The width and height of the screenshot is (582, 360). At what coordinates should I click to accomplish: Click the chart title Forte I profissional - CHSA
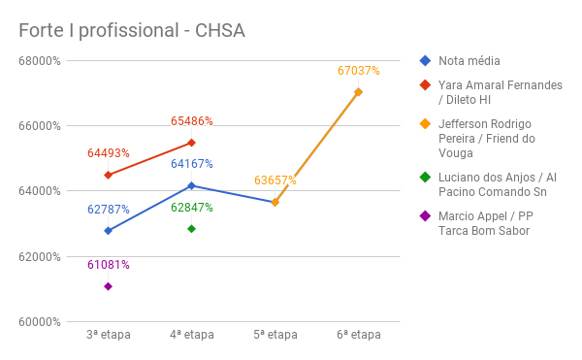click(x=132, y=30)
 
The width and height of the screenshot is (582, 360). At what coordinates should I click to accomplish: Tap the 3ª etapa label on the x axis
click(x=108, y=335)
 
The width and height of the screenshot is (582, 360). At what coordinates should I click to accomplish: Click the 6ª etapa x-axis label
click(x=358, y=335)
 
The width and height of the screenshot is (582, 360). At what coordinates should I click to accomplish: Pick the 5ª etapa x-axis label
click(x=275, y=335)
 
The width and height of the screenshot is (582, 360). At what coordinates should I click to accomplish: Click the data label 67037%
click(x=358, y=71)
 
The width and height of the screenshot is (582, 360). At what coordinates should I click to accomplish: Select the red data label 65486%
click(x=191, y=121)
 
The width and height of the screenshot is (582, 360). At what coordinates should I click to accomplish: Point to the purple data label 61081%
click(x=108, y=265)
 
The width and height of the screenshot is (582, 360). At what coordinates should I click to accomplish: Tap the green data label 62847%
click(x=191, y=208)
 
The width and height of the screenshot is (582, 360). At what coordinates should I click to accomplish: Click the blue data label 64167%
click(x=191, y=164)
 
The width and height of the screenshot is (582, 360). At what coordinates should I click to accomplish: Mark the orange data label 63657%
click(x=275, y=180)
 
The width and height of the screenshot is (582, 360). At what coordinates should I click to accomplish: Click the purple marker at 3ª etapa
click(x=108, y=286)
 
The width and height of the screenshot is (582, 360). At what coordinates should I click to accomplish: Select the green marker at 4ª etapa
click(x=191, y=229)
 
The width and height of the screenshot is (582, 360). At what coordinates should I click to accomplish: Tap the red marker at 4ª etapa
click(x=191, y=143)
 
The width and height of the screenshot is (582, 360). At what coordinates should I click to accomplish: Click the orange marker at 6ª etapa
click(x=358, y=92)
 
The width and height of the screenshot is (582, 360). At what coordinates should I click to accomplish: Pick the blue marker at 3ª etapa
click(x=108, y=231)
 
